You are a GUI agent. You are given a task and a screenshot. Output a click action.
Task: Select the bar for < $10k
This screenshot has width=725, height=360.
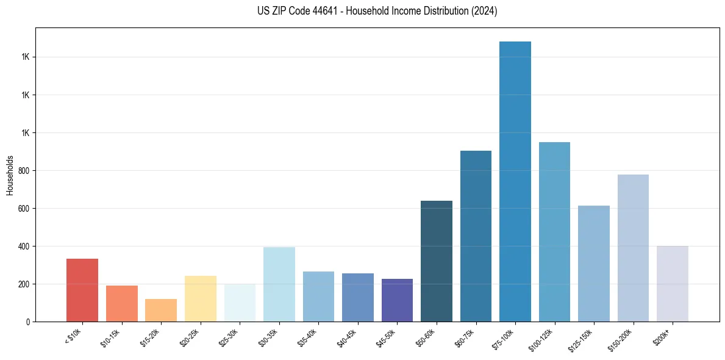(82, 290)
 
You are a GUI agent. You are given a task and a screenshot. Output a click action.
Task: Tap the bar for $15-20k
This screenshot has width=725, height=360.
(161, 310)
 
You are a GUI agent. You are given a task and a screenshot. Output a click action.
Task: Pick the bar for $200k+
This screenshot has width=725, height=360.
(673, 284)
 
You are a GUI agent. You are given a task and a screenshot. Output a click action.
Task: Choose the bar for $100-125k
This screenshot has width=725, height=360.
(554, 232)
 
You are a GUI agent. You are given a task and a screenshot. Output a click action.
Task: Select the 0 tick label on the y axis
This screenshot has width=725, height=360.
(28, 322)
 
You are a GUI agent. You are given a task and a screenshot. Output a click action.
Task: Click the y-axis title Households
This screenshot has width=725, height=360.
(10, 175)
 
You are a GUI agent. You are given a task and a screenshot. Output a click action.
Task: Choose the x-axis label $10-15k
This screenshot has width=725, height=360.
(110, 337)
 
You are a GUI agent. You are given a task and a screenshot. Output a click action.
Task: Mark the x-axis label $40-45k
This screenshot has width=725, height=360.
(346, 337)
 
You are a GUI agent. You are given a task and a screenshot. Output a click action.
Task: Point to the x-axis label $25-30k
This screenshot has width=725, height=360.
(229, 337)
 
